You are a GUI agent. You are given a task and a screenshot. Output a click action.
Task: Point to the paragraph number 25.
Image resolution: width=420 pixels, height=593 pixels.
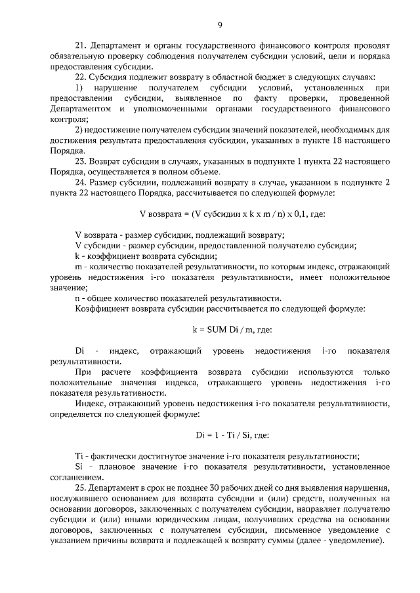(x=81, y=489)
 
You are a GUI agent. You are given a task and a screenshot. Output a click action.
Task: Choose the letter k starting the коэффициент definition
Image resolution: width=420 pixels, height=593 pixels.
(x=77, y=256)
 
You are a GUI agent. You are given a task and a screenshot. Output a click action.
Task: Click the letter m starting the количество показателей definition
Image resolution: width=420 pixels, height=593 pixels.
(x=79, y=267)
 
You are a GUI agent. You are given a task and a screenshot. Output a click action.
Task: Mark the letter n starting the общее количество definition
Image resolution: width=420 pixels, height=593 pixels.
(x=78, y=298)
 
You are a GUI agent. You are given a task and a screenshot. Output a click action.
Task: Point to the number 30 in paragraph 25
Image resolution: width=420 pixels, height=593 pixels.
(x=241, y=489)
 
